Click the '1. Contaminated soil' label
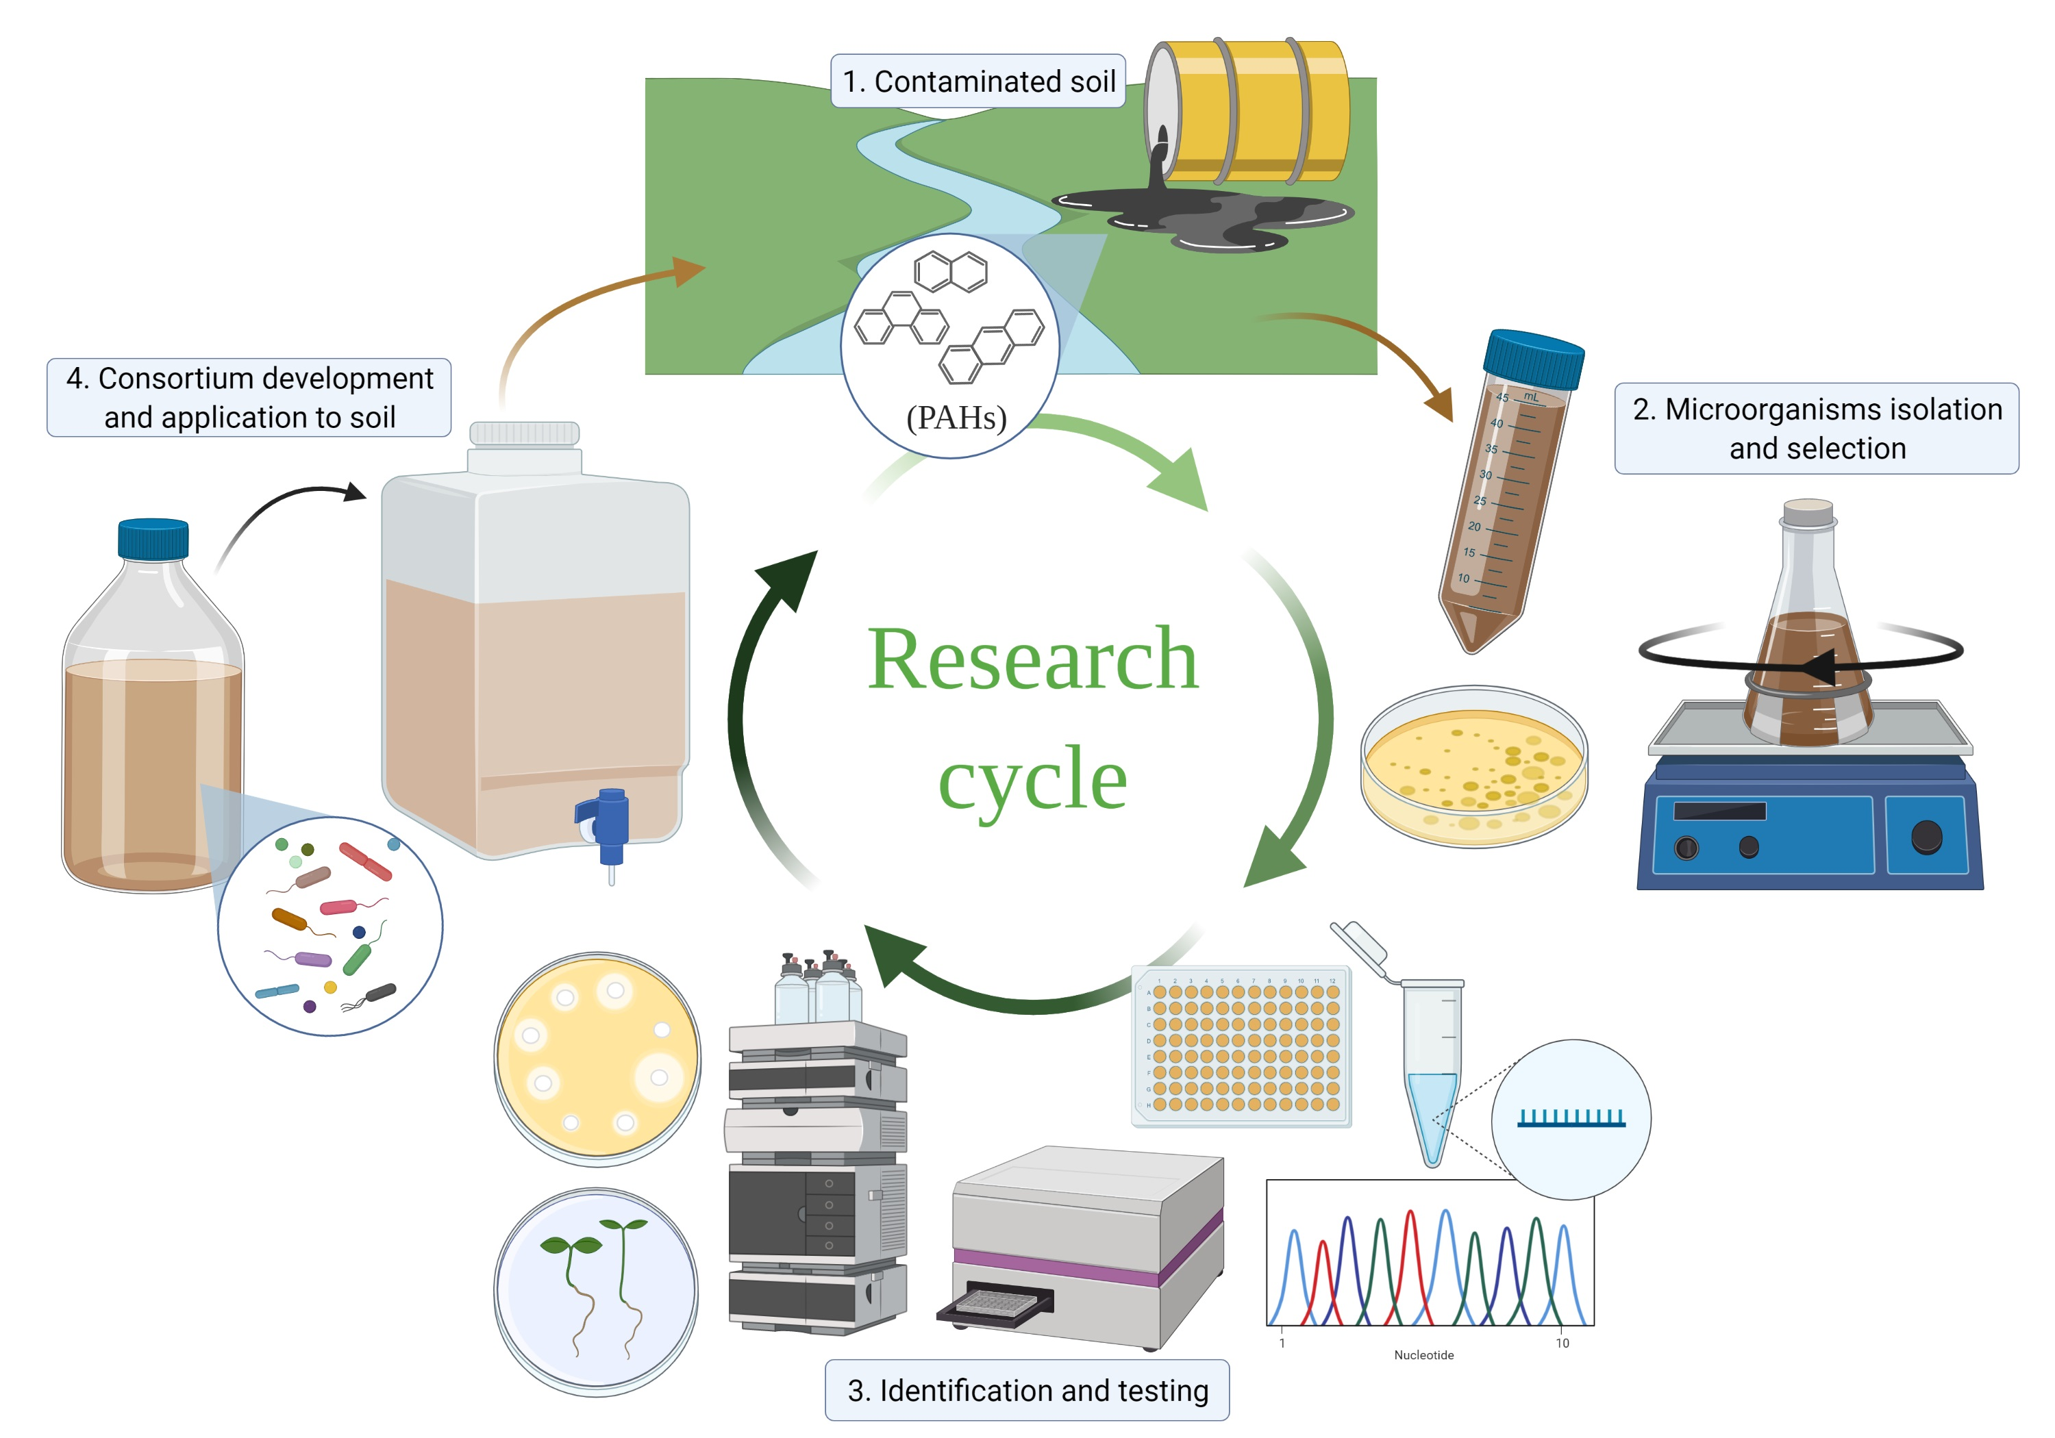point(977,81)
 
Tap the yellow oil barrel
point(1253,109)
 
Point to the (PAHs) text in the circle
point(956,417)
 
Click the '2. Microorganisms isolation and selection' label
point(1816,429)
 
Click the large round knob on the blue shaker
point(1926,837)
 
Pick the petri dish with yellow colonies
point(1474,767)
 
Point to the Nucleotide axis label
point(1423,1354)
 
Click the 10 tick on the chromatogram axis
point(1562,1343)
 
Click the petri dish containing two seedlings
point(596,1291)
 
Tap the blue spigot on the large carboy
point(610,823)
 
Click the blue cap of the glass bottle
point(153,539)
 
